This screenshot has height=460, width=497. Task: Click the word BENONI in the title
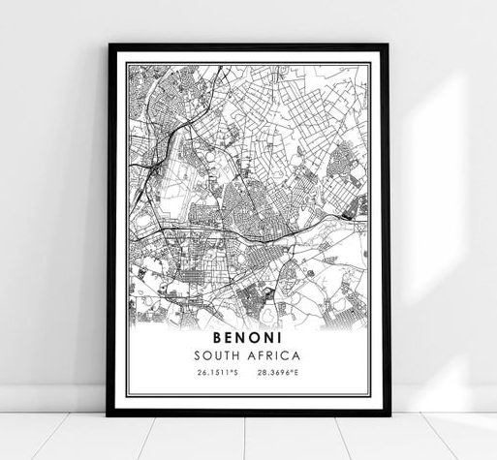pos(248,339)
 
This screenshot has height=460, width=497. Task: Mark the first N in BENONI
pos(240,339)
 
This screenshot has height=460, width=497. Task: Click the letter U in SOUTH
pos(224,355)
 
